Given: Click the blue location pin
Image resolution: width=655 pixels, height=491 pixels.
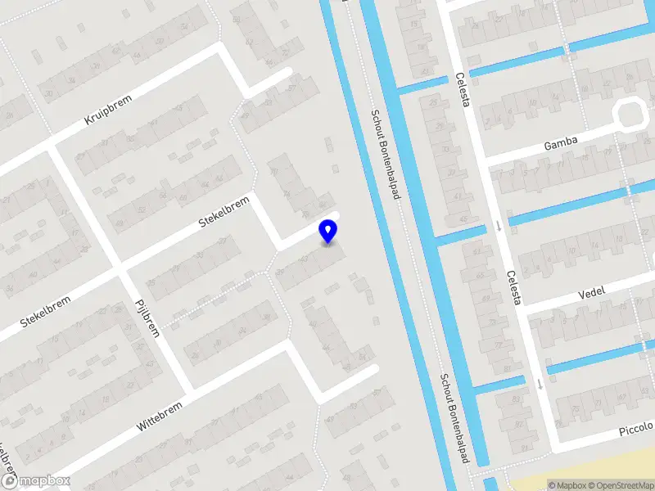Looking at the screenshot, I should pos(328,232).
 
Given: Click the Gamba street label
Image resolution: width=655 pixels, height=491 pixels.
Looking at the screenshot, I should pos(561,144).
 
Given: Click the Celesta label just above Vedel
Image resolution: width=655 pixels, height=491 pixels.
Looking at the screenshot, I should pos(513,287).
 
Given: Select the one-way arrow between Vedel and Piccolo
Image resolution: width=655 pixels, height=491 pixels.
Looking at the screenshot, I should pos(540,384).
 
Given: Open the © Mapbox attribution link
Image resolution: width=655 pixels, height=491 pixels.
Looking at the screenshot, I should pos(567,485).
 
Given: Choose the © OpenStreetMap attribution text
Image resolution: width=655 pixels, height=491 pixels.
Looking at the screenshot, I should pos(621,485).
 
